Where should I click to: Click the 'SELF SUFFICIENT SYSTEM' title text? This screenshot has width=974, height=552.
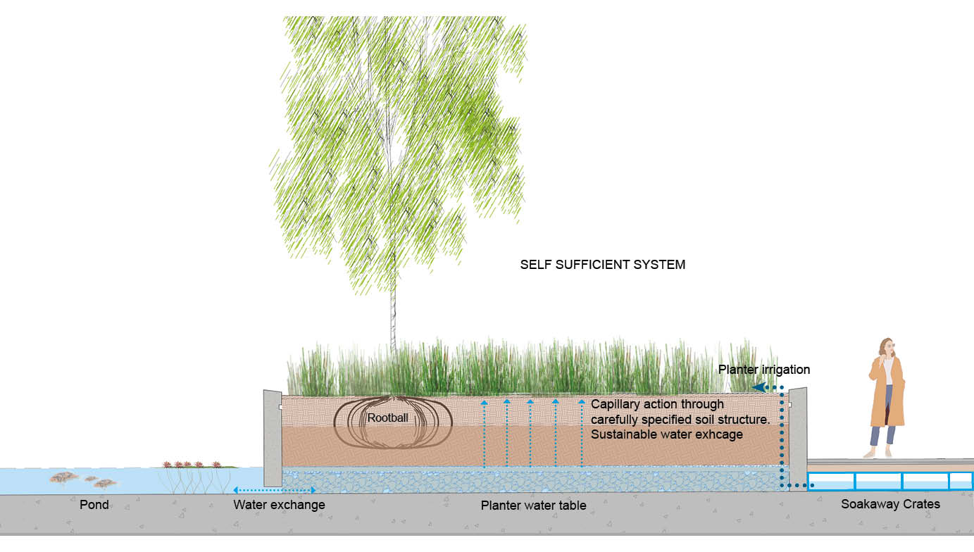(602, 265)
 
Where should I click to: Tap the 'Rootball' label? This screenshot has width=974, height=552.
(387, 418)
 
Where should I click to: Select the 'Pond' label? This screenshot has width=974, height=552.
(94, 505)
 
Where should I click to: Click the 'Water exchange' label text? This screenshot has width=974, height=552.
(279, 505)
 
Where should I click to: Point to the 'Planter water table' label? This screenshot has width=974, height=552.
(533, 506)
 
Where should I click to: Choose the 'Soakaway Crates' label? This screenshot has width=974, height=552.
(890, 504)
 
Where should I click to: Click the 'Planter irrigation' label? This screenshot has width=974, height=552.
(763, 370)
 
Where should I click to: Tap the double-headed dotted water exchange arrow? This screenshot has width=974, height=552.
(274, 490)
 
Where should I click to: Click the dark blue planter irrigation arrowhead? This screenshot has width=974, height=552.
(758, 387)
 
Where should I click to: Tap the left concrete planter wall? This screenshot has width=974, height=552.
(272, 437)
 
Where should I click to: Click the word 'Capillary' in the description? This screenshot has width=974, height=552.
(614, 404)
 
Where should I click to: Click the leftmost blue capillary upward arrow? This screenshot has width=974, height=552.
(485, 433)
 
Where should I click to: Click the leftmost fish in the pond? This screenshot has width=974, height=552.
(63, 477)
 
